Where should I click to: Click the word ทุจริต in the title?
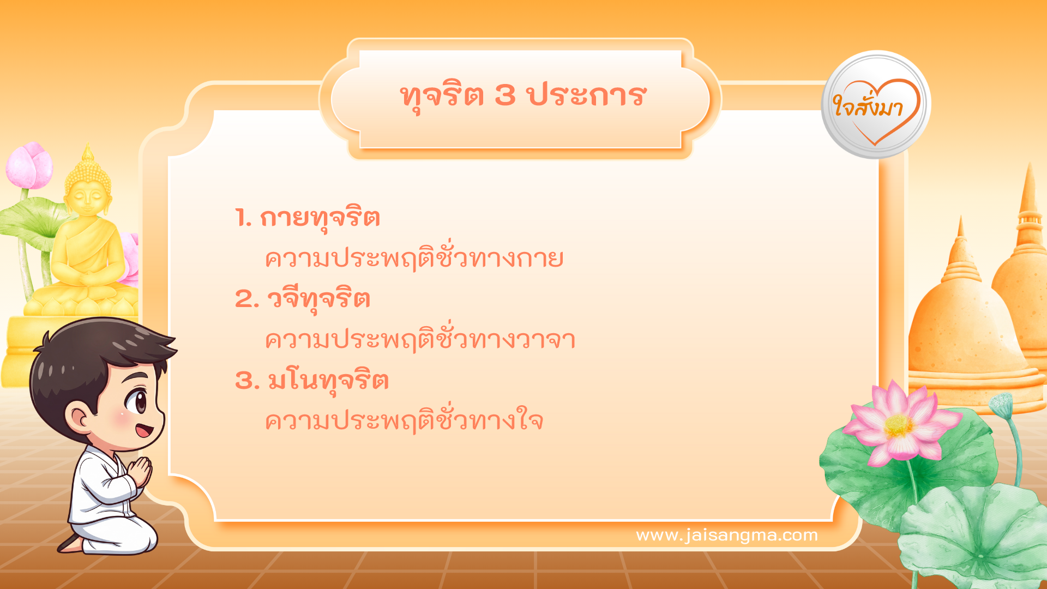442,96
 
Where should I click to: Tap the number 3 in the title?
505,96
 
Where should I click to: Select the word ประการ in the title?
587,96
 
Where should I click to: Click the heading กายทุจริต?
320,218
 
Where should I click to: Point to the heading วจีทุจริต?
318,299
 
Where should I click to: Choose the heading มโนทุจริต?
328,381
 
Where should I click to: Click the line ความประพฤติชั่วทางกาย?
414,259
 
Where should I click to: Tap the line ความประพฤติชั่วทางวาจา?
420,340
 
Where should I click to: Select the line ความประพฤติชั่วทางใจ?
404,421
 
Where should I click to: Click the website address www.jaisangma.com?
727,535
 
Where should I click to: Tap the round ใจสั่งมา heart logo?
876,105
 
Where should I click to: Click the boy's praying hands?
141,471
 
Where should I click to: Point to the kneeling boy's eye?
135,402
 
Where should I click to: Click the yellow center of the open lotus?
898,425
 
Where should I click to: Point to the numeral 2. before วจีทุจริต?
246,299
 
